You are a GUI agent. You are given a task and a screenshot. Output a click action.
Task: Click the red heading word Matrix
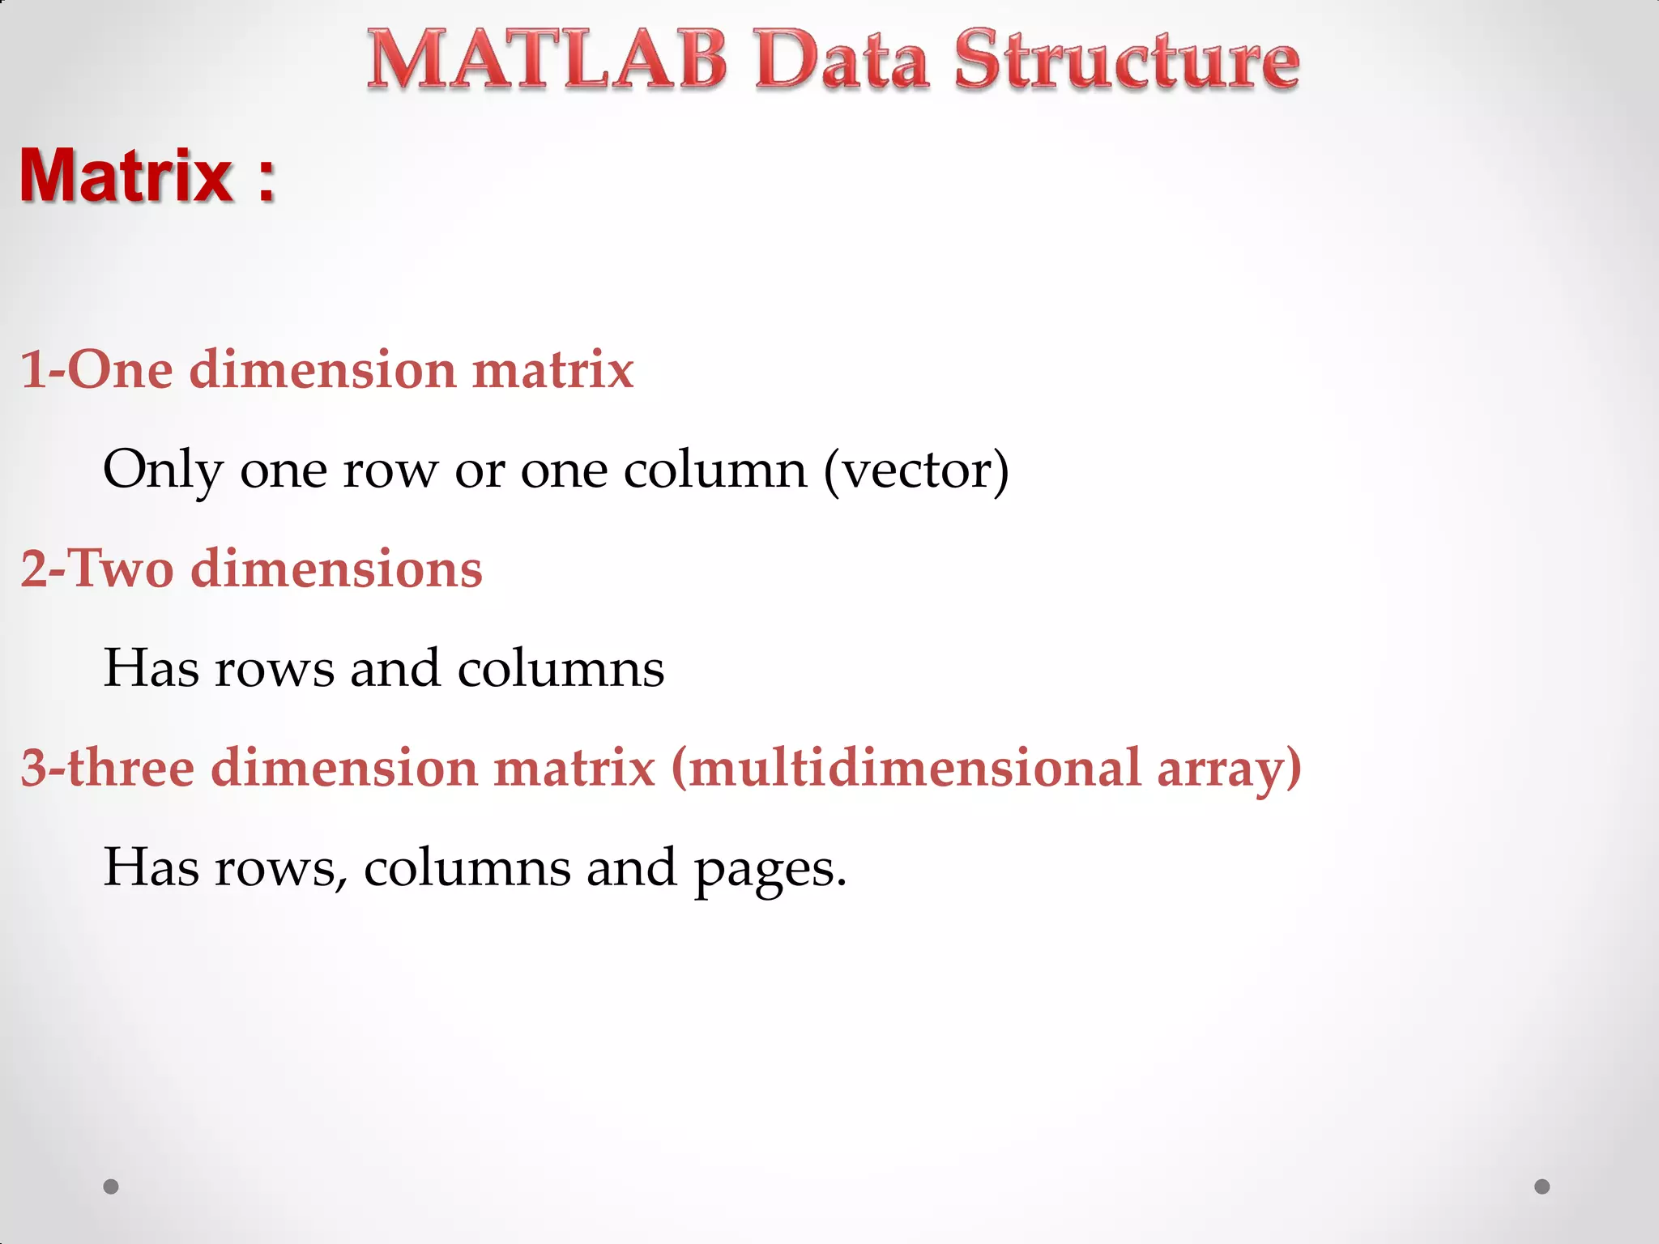126,176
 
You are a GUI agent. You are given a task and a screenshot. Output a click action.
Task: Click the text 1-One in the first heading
96,369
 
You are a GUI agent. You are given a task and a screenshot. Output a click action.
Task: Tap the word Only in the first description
162,470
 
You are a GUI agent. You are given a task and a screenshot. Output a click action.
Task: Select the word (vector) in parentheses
916,470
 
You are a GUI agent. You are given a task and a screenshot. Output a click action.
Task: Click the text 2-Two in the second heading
96,569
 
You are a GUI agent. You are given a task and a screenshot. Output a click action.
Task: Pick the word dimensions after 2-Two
336,569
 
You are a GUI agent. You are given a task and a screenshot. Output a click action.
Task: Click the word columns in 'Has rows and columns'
561,669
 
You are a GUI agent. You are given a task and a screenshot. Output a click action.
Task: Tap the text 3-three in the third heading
107,768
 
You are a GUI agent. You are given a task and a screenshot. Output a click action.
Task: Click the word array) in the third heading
1229,768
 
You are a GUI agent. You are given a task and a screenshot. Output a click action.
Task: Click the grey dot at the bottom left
111,1186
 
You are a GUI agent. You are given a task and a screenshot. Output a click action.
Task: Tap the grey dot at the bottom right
1542,1186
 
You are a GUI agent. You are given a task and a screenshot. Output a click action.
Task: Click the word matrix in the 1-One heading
552,369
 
